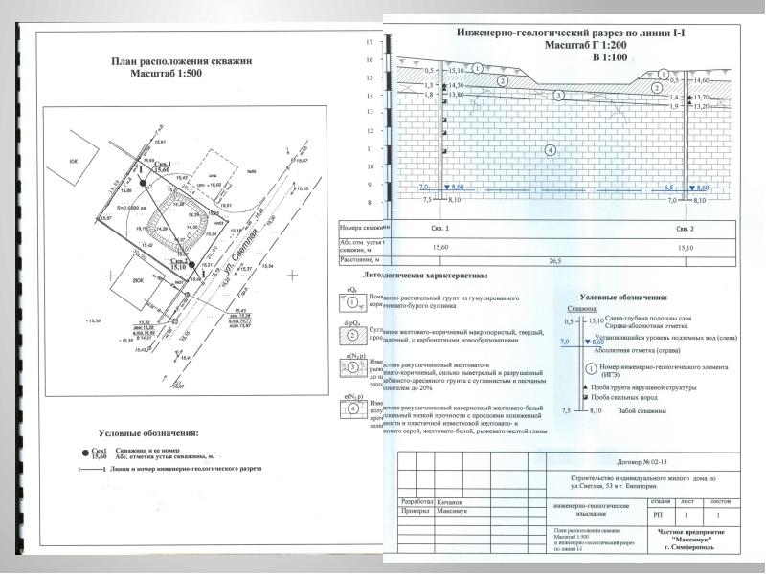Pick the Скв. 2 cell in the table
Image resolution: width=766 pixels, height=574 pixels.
click(686, 230)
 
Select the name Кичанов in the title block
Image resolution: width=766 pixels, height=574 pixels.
click(449, 500)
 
